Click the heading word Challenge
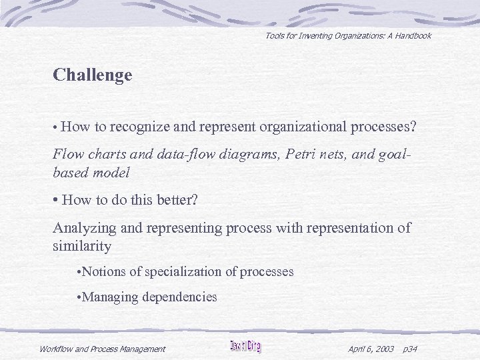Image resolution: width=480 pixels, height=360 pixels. point(93,75)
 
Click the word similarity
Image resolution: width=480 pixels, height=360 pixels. point(81,246)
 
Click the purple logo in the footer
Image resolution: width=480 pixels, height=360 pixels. point(245,347)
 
